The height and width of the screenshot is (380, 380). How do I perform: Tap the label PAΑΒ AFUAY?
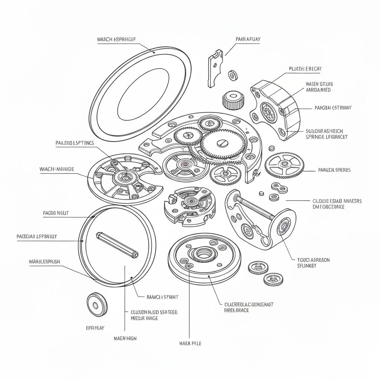(248, 39)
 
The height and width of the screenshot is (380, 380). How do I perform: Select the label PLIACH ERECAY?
(305, 69)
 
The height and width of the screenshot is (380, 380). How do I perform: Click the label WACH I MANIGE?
(56, 169)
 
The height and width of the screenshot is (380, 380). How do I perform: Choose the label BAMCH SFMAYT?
(163, 297)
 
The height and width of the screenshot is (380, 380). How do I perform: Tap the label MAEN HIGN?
(125, 338)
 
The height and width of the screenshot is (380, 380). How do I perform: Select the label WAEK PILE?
(190, 343)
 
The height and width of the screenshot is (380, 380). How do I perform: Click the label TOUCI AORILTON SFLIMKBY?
(314, 263)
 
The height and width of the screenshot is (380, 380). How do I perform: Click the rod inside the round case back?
(117, 245)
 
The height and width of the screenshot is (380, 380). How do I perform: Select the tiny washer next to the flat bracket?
(233, 75)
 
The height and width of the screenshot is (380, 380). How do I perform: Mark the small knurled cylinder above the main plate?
(233, 99)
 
